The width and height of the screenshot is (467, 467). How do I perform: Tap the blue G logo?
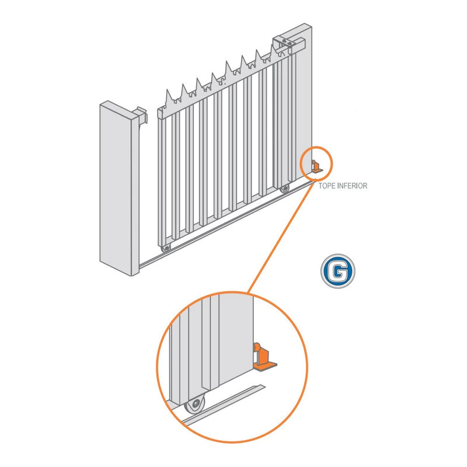tap(338, 271)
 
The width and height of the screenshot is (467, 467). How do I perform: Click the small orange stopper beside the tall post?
tap(317, 167)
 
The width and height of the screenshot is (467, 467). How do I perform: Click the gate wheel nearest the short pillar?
tap(166, 248)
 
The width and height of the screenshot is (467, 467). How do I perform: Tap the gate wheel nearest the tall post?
tap(285, 188)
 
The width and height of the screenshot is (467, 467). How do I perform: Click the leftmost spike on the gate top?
tap(169, 96)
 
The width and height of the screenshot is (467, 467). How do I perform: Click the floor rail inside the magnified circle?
tap(223, 405)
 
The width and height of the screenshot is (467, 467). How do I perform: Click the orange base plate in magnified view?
tap(265, 367)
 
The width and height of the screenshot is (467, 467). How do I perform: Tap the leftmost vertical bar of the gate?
tap(163, 182)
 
